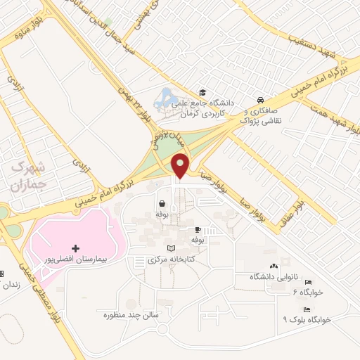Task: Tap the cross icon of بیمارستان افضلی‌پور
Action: coord(76,249)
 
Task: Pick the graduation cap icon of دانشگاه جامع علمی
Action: coord(202,93)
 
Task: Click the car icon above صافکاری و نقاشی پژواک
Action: coord(261,100)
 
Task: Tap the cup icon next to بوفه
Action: coord(198,229)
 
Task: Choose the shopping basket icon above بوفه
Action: coord(162,204)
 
